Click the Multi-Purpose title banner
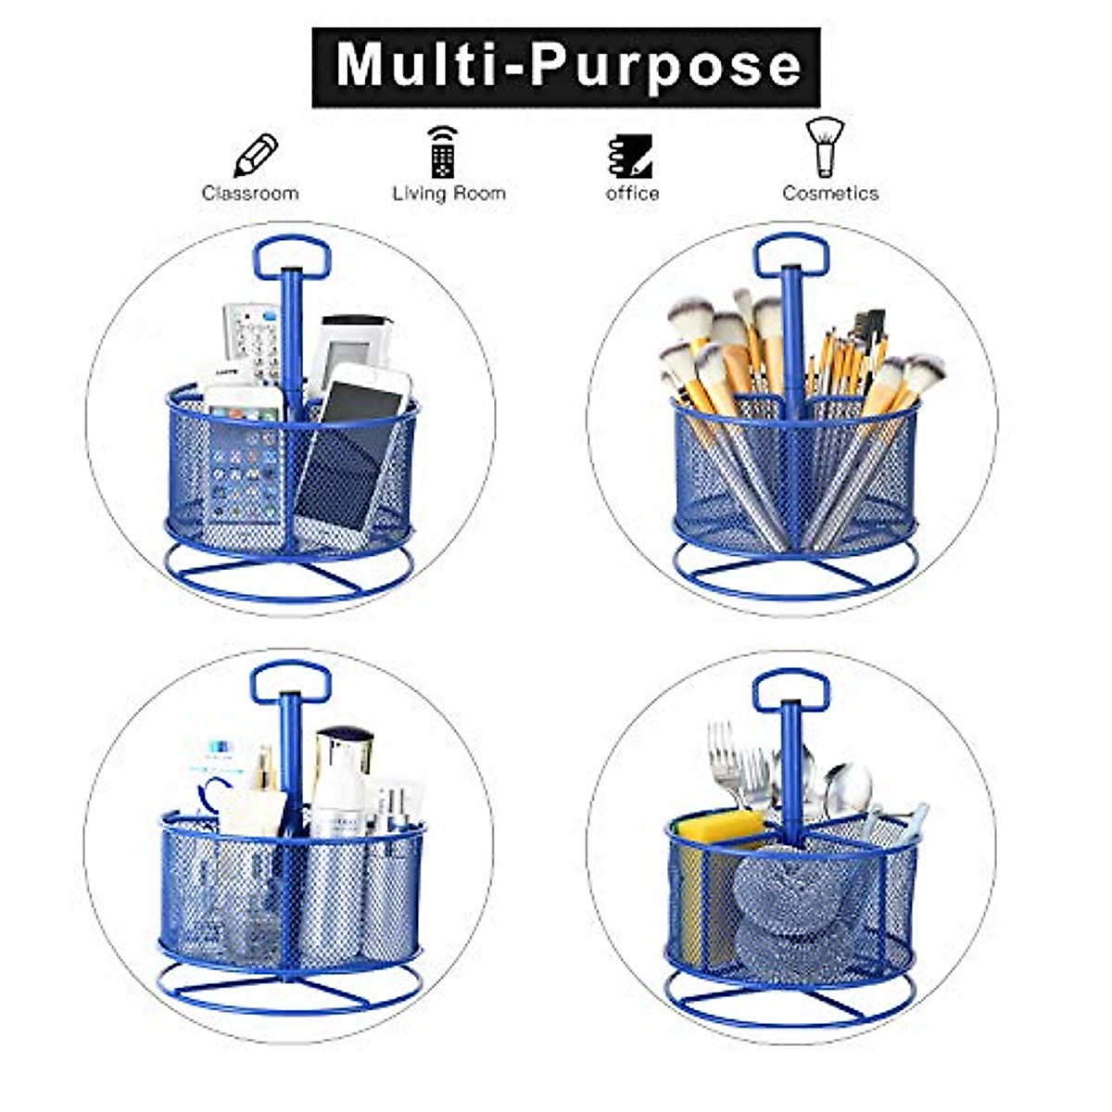565,67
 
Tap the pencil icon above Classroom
255,156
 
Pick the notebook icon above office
630,156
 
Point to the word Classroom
250,194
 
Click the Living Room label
449,194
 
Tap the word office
632,194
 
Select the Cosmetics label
830,194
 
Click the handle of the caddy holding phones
292,257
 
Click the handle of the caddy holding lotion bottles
290,682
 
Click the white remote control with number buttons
253,338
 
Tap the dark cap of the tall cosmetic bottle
344,741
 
